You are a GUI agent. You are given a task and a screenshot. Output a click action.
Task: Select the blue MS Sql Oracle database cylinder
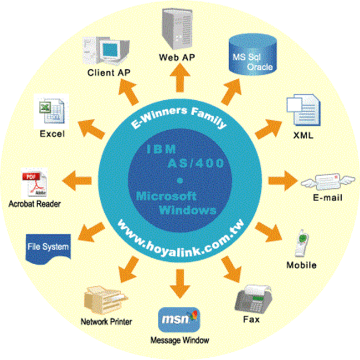point(253,55)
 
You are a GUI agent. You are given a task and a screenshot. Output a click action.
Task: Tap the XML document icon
point(304,110)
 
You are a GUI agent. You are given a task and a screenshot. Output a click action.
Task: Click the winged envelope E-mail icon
point(328,182)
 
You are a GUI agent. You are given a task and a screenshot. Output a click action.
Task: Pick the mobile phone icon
point(302,243)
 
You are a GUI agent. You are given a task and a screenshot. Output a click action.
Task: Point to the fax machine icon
point(254,299)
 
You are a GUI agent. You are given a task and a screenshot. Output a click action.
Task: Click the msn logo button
point(179,320)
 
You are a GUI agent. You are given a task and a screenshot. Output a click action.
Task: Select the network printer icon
point(106,300)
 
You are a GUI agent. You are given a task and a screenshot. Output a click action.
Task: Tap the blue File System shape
point(48,249)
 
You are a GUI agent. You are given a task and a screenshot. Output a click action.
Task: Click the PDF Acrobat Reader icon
point(34,183)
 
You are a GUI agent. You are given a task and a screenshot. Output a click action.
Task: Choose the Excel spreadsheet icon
point(52,111)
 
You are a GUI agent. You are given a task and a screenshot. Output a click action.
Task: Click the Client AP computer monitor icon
point(106,51)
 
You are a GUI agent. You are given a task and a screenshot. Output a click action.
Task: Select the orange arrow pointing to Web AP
point(180,78)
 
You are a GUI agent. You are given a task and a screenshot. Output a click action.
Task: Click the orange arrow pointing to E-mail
point(283,181)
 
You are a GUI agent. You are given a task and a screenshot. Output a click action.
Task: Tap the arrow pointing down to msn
point(180,284)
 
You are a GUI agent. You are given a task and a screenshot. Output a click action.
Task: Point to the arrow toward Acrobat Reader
point(77,181)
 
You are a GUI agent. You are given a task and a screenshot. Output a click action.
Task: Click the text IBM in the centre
point(161,150)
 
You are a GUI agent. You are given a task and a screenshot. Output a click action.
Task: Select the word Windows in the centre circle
point(188,210)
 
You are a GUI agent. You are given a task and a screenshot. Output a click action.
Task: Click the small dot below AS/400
point(180,181)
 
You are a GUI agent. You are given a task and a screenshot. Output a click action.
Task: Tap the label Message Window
point(179,340)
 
